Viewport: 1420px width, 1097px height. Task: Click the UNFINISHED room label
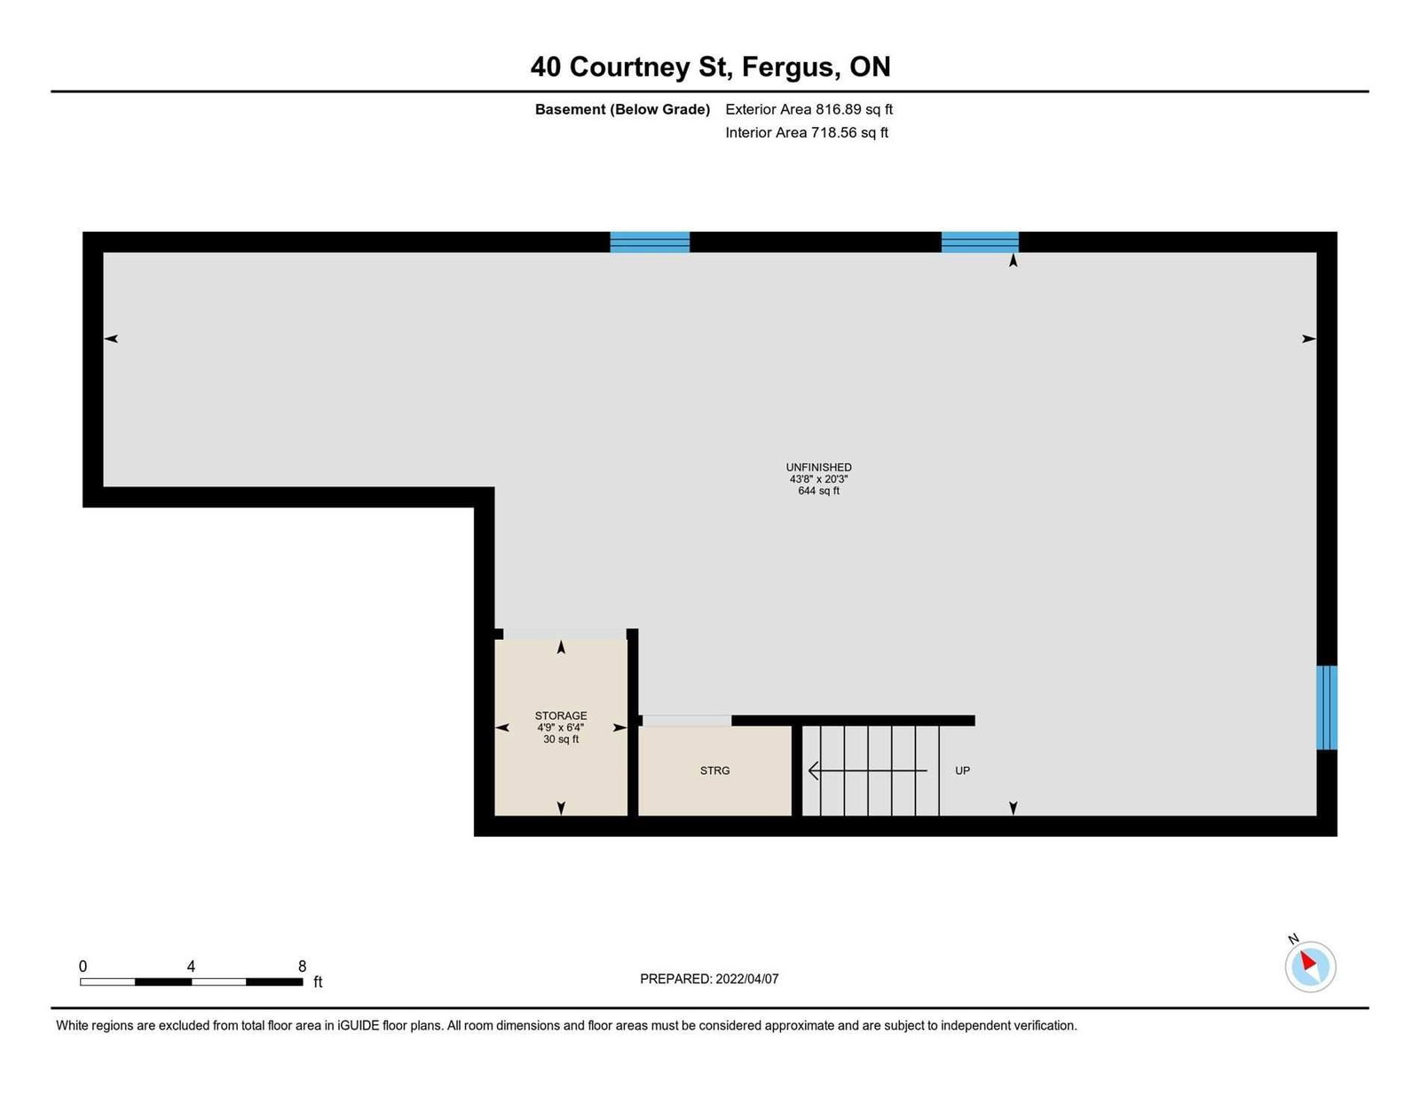(x=818, y=467)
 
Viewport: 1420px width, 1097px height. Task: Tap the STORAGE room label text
(x=561, y=715)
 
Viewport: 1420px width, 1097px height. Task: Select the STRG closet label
(x=714, y=771)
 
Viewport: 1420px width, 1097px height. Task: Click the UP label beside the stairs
(x=962, y=771)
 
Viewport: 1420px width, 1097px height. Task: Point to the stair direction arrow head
(x=814, y=771)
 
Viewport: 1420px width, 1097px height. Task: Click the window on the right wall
(x=1326, y=707)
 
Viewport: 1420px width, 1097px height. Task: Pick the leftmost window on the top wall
(x=650, y=242)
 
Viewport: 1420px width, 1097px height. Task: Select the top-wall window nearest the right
(x=980, y=242)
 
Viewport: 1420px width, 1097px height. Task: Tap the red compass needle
(x=1307, y=961)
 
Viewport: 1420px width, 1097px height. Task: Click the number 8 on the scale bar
(x=302, y=967)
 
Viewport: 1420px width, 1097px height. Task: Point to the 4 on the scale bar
(x=191, y=967)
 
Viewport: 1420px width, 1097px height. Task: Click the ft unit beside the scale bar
(x=319, y=982)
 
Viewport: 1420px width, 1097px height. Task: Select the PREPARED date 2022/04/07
(x=747, y=979)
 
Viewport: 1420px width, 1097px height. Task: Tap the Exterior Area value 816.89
(x=838, y=109)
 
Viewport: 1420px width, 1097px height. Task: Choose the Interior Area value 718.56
(x=834, y=132)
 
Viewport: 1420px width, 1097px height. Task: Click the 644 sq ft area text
(x=818, y=491)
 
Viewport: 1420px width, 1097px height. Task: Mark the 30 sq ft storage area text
(x=561, y=739)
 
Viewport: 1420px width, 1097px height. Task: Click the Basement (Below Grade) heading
(x=622, y=109)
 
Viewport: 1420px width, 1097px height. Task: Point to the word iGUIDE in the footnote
(x=358, y=1026)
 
